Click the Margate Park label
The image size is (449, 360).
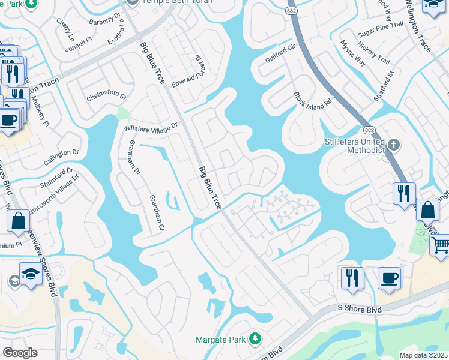click(x=220, y=340)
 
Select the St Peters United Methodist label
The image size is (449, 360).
click(x=354, y=146)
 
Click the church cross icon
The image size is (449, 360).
click(x=393, y=145)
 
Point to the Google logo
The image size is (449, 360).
click(x=20, y=353)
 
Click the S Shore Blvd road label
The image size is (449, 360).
click(x=358, y=311)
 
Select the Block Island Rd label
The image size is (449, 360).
click(x=313, y=99)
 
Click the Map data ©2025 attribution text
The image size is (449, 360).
click(x=423, y=355)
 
